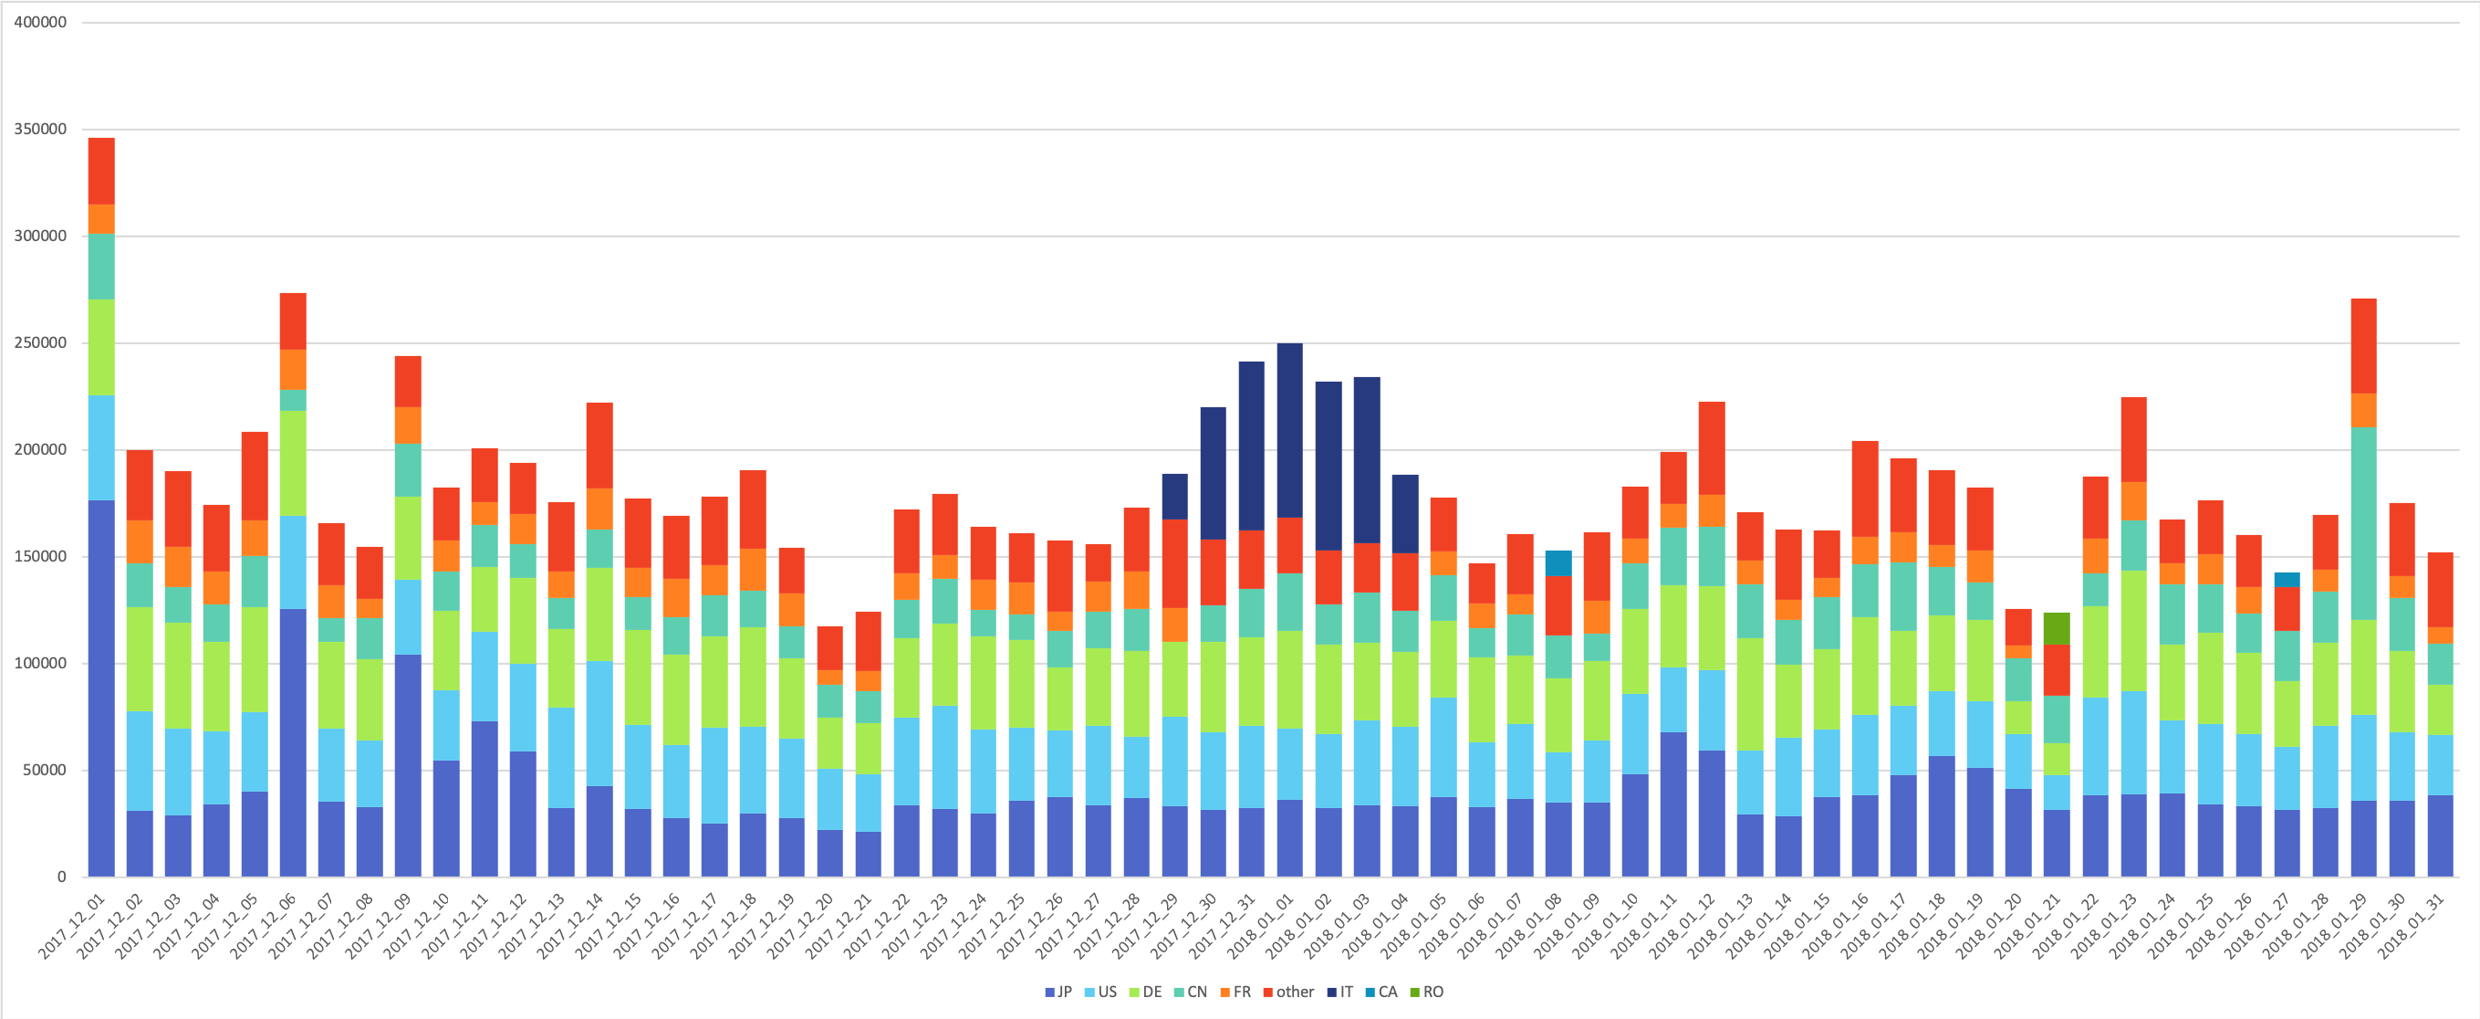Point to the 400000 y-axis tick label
40,22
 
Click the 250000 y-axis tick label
40,343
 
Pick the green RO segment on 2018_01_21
2057,628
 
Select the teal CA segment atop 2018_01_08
1558,562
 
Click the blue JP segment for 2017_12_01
101,688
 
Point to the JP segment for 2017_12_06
293,742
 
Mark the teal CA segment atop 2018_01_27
2287,579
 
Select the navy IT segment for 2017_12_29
1174,496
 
